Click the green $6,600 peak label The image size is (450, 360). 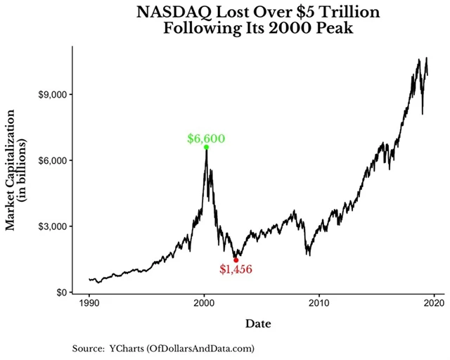pyautogui.click(x=206, y=139)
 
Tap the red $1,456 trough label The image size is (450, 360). pyautogui.click(x=236, y=269)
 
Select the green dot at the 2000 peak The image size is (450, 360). pyautogui.click(x=206, y=148)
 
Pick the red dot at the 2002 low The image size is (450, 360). pyautogui.click(x=236, y=260)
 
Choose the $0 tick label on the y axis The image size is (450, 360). pyautogui.click(x=61, y=292)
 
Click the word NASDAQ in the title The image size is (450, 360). pyautogui.click(x=171, y=12)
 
